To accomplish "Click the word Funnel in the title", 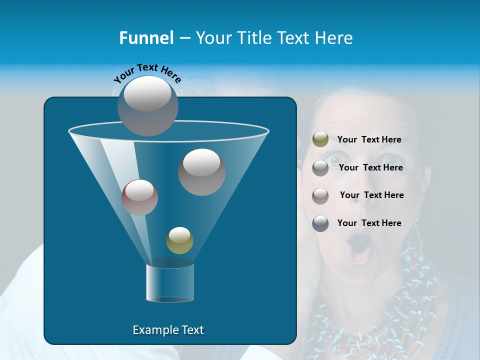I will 146,38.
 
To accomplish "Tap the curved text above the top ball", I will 147,73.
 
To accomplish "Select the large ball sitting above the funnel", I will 147,106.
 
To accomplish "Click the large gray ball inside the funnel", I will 201,172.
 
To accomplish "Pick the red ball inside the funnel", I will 139,197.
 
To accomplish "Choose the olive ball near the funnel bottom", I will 179,240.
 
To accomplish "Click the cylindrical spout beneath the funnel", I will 169,283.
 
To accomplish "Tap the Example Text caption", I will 168,330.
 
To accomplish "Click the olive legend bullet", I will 320,139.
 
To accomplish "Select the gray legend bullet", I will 320,168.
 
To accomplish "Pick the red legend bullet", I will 320,196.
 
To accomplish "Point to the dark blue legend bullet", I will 320,223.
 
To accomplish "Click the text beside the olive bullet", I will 369,140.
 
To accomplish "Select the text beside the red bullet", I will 371,195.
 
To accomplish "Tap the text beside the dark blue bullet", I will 369,223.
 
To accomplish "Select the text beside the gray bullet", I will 370,167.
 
